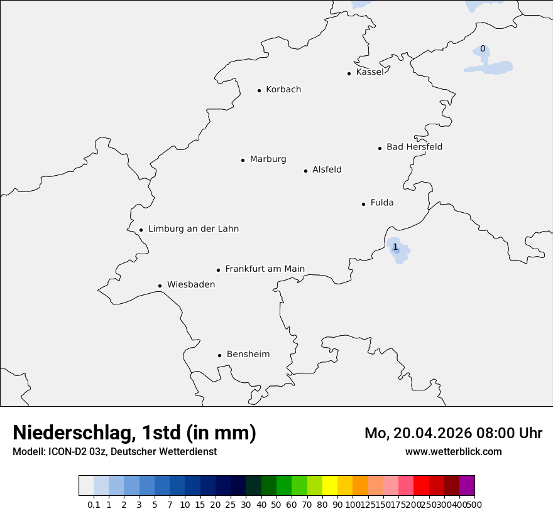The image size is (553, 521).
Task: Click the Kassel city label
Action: point(370,72)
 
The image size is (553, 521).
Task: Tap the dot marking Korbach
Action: point(259,90)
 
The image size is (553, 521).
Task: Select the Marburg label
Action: point(268,159)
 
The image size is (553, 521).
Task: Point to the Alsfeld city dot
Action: point(305,171)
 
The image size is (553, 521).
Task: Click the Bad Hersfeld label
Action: point(414,148)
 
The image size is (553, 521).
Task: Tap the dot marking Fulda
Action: point(363,204)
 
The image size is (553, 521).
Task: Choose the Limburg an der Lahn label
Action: point(194,229)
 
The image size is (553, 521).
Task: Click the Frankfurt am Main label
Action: point(265,269)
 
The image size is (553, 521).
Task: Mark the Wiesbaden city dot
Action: point(160,286)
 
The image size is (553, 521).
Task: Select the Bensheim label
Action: point(248,355)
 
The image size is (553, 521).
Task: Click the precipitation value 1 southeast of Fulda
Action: point(395,247)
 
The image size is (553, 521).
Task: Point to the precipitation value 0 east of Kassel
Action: point(483,49)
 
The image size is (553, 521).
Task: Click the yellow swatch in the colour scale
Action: point(330,486)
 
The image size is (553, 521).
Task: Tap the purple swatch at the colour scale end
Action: point(467,486)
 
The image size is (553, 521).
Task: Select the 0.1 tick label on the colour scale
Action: point(94,505)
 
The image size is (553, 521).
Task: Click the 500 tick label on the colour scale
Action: point(474,505)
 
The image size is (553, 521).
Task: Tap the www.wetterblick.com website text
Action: point(453,452)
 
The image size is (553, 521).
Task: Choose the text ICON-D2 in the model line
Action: point(67,452)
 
